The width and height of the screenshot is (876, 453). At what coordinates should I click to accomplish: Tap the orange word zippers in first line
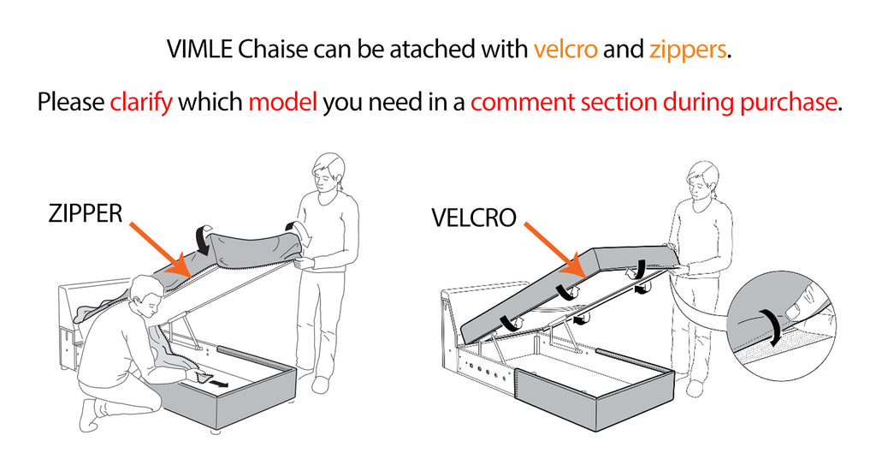click(688, 49)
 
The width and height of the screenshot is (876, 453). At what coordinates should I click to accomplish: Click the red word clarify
click(141, 103)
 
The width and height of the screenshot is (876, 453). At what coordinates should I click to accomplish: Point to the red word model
click(282, 103)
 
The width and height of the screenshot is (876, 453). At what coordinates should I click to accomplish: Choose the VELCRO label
click(474, 218)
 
